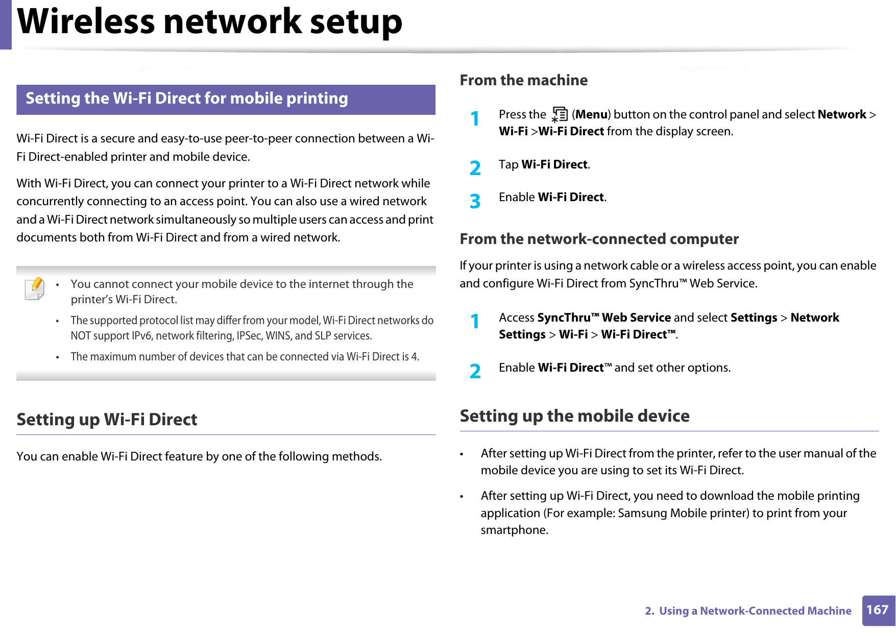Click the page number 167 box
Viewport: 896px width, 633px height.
(878, 610)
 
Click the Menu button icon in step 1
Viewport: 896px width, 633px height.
(560, 115)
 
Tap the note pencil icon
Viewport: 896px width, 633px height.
(35, 288)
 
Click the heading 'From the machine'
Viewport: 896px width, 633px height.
(523, 80)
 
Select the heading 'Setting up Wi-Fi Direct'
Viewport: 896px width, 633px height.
(107, 420)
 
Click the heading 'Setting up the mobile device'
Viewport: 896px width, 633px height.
(574, 416)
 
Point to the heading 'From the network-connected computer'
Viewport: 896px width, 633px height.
(599, 239)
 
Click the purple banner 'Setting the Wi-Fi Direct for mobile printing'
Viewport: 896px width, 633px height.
(226, 99)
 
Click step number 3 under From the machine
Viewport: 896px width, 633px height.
(475, 201)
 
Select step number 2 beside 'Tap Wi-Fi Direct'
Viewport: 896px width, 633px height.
(475, 168)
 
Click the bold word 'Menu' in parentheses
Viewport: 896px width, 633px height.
(591, 114)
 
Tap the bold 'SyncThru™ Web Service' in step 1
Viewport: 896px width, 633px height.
(604, 318)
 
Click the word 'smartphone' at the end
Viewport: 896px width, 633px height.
(513, 530)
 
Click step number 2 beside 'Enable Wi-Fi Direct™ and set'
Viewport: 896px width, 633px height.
(475, 371)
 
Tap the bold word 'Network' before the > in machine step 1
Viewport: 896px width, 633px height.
(841, 114)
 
